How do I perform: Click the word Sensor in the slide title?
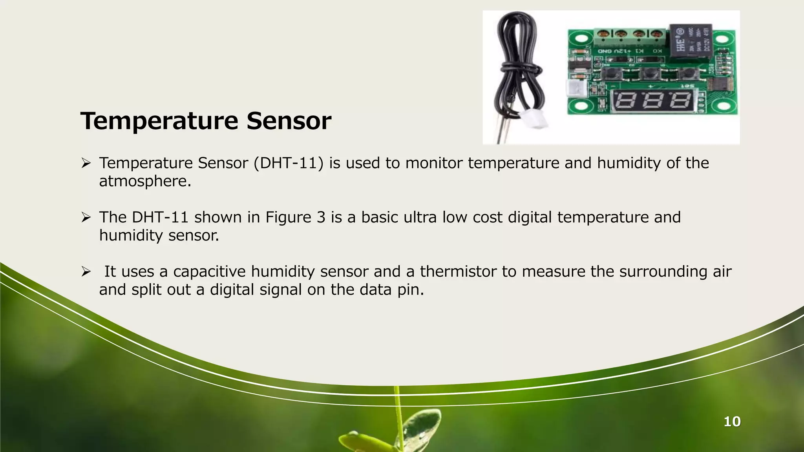point(289,121)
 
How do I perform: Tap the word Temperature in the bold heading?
point(159,122)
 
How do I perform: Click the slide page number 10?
point(732,422)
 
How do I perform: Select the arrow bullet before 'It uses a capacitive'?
point(86,271)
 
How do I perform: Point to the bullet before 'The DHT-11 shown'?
point(86,217)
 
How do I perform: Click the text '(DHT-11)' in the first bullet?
point(289,163)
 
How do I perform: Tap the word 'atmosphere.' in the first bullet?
point(145,181)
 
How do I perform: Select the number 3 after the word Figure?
point(321,217)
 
